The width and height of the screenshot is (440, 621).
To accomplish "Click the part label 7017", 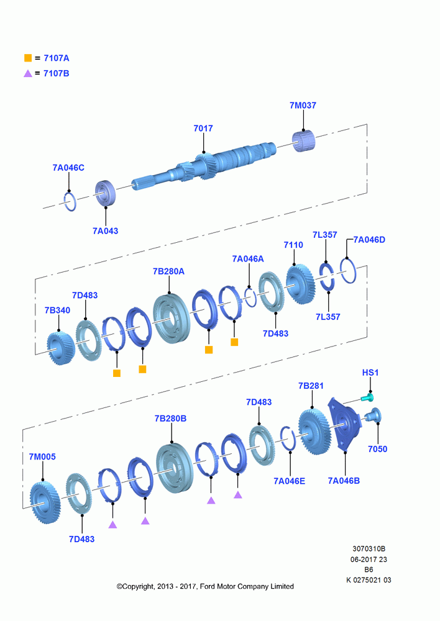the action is (x=203, y=129).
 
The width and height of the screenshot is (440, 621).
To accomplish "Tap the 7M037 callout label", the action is (x=303, y=106).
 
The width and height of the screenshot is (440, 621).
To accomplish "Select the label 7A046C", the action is (x=68, y=168).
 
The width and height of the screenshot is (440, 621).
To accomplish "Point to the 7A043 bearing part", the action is (x=106, y=193).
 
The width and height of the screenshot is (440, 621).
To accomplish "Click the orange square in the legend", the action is (x=28, y=58).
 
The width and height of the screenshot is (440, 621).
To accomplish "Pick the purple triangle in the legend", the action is (x=28, y=73).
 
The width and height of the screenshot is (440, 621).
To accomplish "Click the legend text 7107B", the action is (x=57, y=73).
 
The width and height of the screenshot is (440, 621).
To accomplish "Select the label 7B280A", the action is (x=168, y=271).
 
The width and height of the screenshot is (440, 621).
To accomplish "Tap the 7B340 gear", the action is (x=61, y=348).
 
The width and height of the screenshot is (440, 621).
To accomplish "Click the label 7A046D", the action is (x=369, y=240).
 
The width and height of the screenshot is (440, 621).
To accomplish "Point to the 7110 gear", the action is (x=300, y=284).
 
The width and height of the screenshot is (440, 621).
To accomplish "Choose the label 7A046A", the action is (x=248, y=258).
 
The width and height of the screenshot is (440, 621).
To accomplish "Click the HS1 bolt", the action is (x=367, y=397).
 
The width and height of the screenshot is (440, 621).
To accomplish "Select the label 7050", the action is (x=377, y=449).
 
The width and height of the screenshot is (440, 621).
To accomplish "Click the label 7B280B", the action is (x=170, y=418).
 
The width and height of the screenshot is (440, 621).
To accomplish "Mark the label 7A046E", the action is (x=290, y=481).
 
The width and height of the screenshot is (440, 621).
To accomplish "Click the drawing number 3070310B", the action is (x=369, y=548).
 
